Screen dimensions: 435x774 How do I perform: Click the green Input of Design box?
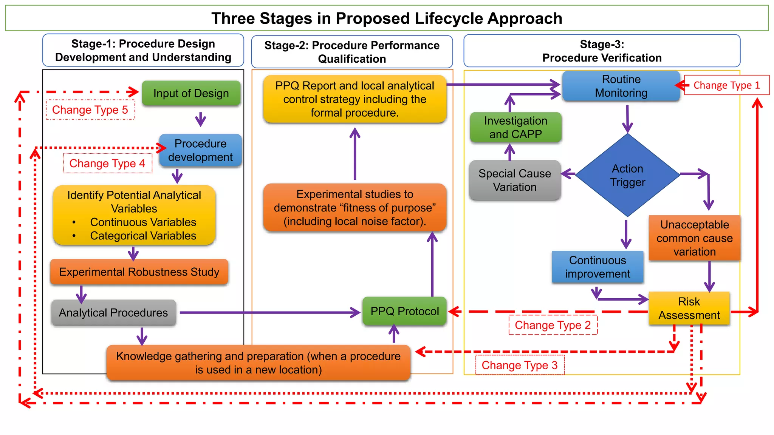[x=191, y=93]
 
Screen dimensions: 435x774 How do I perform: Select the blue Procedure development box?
[x=200, y=150]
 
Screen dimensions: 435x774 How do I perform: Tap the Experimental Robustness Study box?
[x=139, y=272]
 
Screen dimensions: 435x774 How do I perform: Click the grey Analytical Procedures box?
[x=113, y=313]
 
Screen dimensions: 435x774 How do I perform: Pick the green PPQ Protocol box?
[x=404, y=311]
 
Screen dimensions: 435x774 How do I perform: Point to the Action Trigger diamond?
[x=627, y=175]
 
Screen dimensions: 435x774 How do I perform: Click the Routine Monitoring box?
[x=621, y=86]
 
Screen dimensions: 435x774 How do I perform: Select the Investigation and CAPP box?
[x=515, y=128]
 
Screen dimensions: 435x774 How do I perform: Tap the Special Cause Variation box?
[x=515, y=180]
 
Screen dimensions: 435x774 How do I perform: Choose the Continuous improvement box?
[x=597, y=267]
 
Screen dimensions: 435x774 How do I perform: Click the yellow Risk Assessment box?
[x=689, y=308]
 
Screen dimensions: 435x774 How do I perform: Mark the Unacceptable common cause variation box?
[x=694, y=238]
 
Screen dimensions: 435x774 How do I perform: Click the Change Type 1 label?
[x=726, y=85]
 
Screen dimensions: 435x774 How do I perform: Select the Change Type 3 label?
[x=519, y=365]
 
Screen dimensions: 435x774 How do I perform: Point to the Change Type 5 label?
[x=90, y=110]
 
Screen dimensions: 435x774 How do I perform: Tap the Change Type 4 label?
[x=107, y=164]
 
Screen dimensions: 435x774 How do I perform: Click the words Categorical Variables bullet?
[x=143, y=236]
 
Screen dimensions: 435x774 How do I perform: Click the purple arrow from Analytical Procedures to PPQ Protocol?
[x=268, y=313]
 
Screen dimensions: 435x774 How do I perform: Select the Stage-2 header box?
[x=351, y=52]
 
